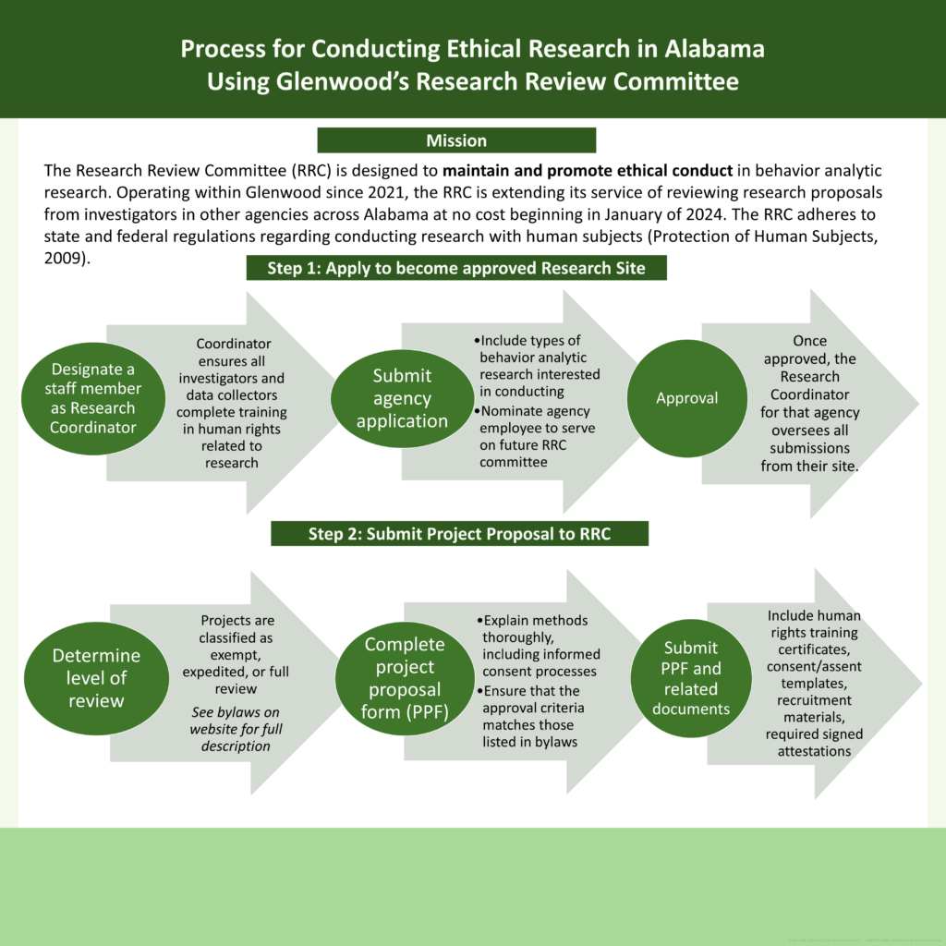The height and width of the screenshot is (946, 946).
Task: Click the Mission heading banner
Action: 456,140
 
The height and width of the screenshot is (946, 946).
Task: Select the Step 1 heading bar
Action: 456,268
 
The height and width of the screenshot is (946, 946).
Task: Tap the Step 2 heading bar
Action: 459,534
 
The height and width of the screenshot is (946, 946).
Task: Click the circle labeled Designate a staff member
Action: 91,398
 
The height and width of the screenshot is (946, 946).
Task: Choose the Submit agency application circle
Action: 402,398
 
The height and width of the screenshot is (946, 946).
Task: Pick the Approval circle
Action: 686,398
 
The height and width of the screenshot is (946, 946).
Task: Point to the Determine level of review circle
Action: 96,678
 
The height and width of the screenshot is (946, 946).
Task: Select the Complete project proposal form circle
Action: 405,678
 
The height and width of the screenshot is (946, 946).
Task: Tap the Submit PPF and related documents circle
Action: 690,678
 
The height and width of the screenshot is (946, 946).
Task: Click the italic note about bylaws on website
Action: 236,729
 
